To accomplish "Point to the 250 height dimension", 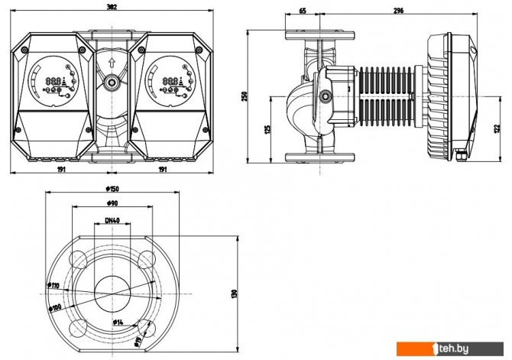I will click(x=245, y=96).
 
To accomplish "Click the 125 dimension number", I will click(x=267, y=130).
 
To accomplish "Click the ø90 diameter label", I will click(x=112, y=204).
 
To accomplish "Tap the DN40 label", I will click(x=112, y=221).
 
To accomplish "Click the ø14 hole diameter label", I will click(x=119, y=322).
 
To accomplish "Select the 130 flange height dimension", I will click(x=234, y=293).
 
